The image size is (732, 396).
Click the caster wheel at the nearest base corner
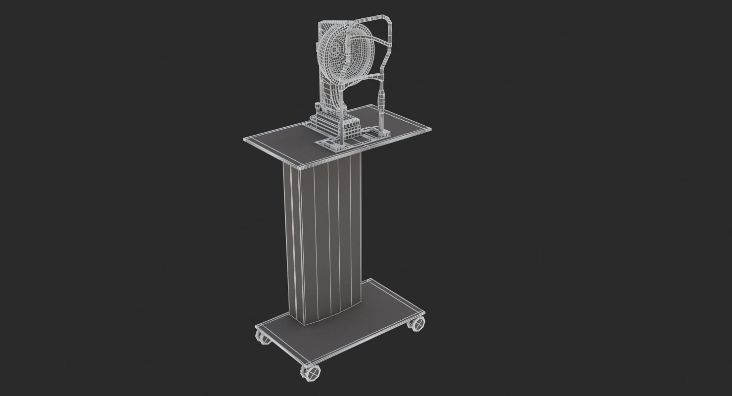coord(310,371)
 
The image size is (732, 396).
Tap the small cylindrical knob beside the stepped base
coord(317,106)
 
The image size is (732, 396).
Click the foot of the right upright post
coord(384,132)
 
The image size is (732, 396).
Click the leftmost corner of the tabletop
coord(244,139)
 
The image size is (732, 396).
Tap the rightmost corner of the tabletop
coord(430,128)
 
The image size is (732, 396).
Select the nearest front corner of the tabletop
coord(303,165)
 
